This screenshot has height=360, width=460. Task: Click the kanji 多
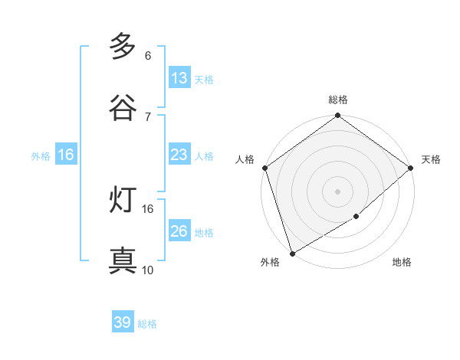coord(123,47)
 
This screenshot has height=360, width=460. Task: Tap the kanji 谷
coord(123,108)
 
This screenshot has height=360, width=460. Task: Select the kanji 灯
coord(123,200)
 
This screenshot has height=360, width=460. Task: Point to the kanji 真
coord(123,261)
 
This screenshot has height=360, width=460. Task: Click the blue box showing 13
coord(179,78)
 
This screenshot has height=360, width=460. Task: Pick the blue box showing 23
coord(179,155)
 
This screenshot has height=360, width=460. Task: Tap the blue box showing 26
coord(179,231)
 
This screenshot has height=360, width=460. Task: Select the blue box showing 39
coord(123,322)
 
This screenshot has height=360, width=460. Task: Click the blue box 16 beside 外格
coord(66,155)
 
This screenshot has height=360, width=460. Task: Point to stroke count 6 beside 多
coord(148,56)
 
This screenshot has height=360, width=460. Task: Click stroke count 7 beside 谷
coord(148,116)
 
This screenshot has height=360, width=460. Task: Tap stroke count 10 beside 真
coord(148,270)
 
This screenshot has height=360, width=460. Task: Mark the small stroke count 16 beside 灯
coord(148,208)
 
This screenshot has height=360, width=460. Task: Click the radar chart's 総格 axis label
coord(338,100)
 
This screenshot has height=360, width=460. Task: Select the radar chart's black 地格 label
coord(402,263)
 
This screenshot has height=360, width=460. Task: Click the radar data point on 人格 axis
coord(264,168)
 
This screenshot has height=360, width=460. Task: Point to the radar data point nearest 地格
coord(356,217)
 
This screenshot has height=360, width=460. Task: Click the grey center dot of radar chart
coord(338,191)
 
